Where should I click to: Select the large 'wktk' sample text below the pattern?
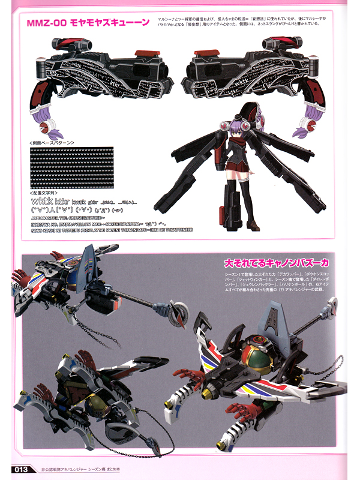coord(41,201)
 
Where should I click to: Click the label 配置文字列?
coord(43,193)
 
